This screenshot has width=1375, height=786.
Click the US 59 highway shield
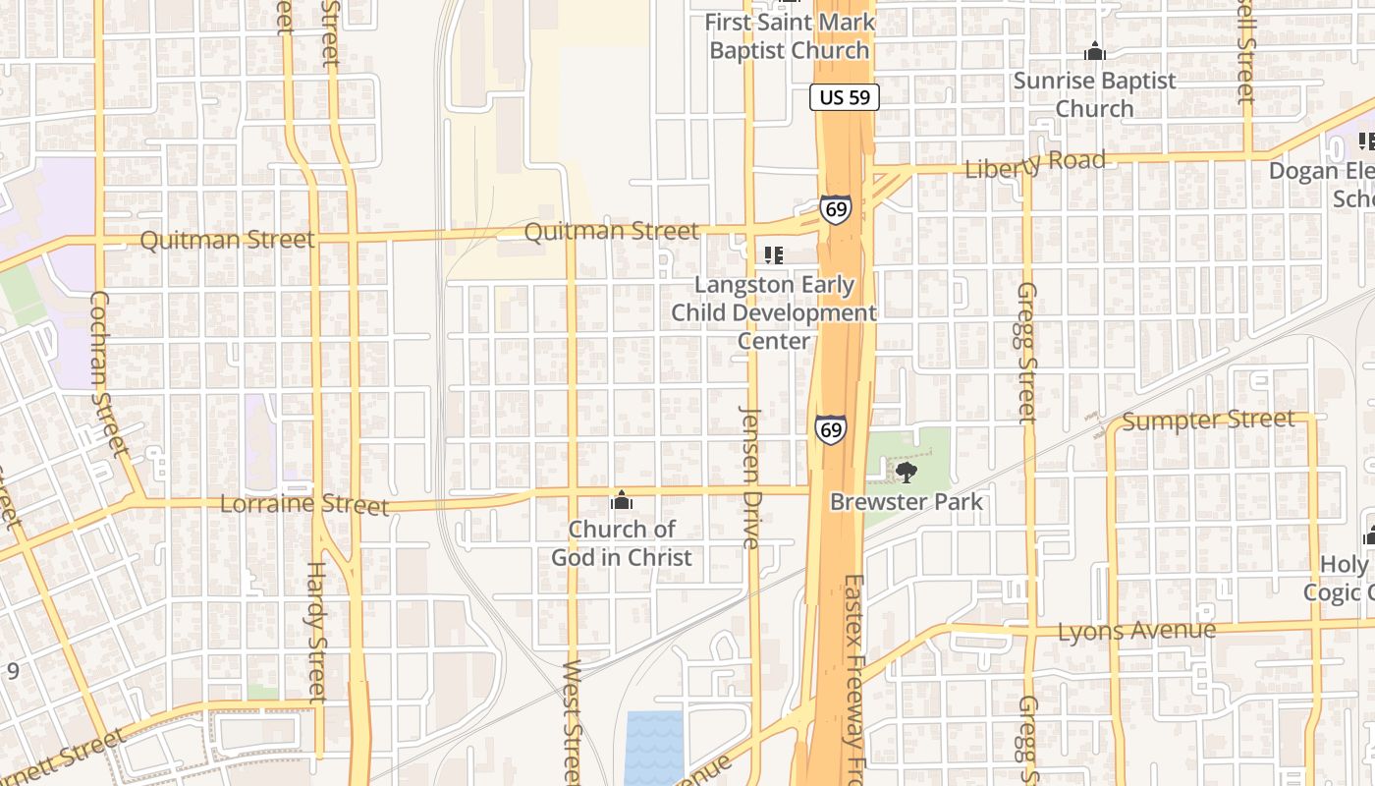click(x=845, y=97)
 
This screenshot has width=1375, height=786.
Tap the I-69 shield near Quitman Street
click(x=835, y=209)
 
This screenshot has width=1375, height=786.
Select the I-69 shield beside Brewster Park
click(x=830, y=429)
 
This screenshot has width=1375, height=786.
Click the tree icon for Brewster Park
click(x=906, y=473)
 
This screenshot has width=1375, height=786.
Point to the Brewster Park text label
click(x=906, y=501)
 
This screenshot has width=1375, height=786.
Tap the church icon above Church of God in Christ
click(x=621, y=501)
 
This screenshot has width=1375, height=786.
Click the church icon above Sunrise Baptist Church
click(x=1094, y=52)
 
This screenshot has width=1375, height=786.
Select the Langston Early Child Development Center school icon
click(x=774, y=255)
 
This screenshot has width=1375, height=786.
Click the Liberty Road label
click(x=1035, y=164)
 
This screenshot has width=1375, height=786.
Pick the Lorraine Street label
click(x=304, y=505)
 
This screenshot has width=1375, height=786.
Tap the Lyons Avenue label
click(x=1136, y=630)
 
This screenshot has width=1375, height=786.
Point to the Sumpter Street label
click(x=1208, y=421)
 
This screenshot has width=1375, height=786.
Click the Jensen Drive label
click(x=750, y=477)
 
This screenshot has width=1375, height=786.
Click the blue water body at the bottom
click(x=653, y=747)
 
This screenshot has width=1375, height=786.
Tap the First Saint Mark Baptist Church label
click(x=790, y=35)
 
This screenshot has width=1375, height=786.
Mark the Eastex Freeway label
click(x=852, y=678)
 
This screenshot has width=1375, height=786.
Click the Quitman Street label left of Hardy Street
click(x=227, y=240)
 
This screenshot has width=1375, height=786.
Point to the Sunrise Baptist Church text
click(x=1094, y=94)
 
